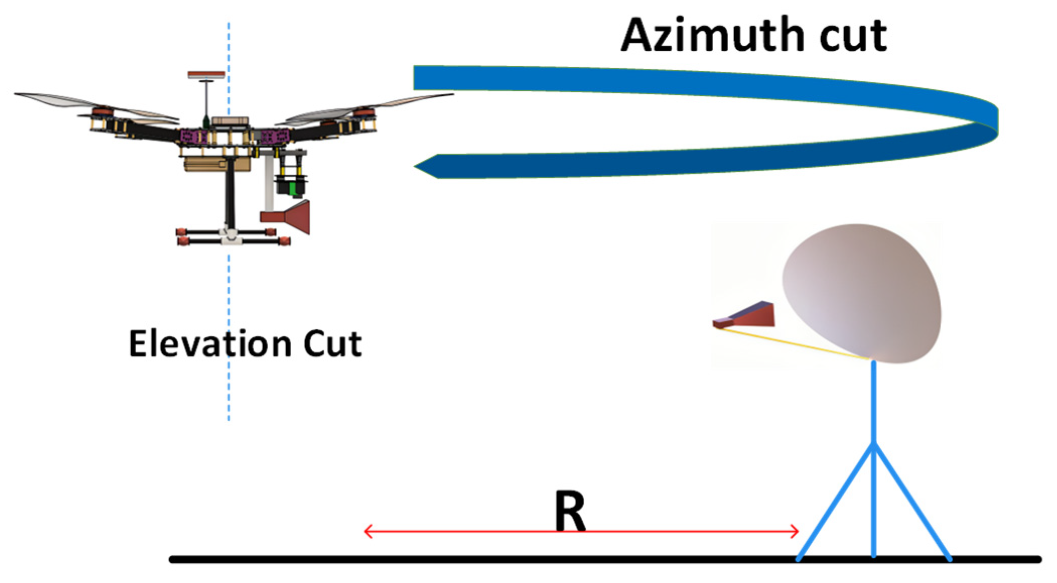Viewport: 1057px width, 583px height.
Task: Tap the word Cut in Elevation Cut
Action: [x=332, y=344]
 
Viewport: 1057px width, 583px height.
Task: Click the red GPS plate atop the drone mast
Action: [x=206, y=75]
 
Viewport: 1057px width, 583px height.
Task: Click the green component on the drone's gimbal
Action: [x=292, y=188]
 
